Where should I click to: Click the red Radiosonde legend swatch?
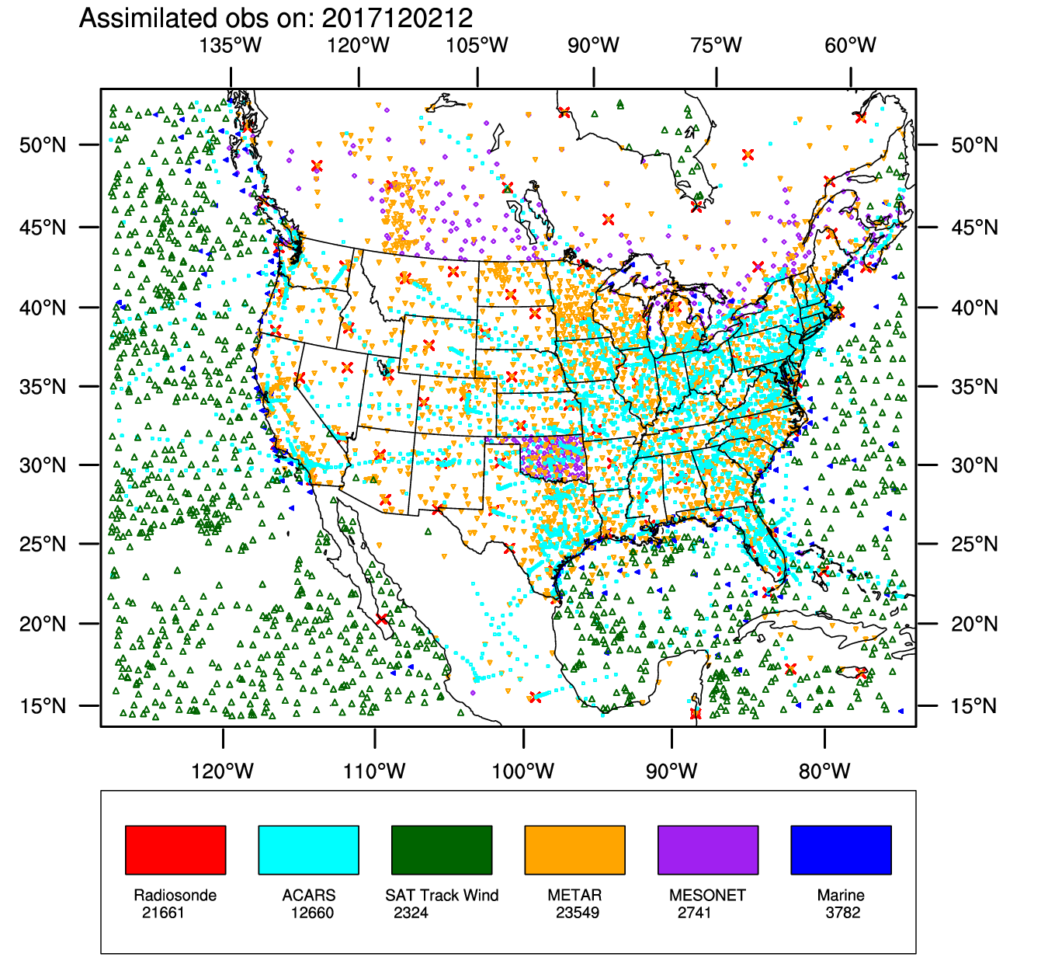pos(175,850)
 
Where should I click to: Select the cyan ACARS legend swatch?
pos(308,850)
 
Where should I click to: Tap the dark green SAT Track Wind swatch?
pos(442,850)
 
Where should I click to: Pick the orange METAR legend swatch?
pos(574,850)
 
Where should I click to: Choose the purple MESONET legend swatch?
pos(708,850)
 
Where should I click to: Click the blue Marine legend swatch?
pos(841,850)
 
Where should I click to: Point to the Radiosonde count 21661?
pos(163,913)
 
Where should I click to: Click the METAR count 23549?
pos(578,913)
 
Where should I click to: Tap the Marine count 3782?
pos(843,913)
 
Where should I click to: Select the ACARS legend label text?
pos(309,895)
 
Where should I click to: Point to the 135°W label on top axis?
pos(231,45)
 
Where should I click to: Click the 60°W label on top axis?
pos(851,45)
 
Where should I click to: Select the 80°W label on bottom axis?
pos(824,771)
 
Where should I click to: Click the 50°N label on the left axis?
pos(43,145)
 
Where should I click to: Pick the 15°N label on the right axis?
pos(975,706)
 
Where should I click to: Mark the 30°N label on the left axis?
pos(43,465)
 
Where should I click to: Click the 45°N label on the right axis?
pos(975,228)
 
